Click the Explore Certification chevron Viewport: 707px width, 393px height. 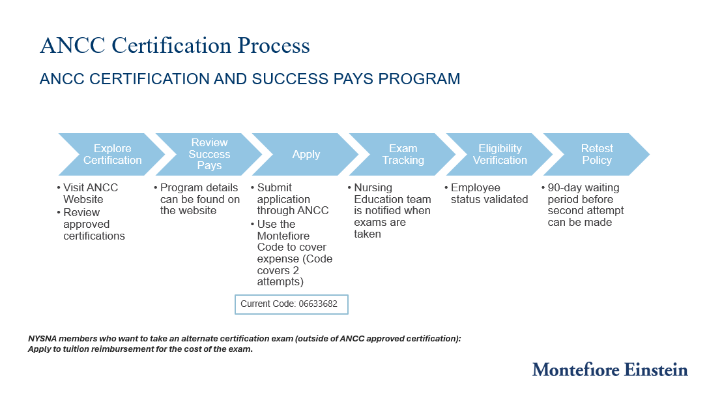pyautogui.click(x=112, y=155)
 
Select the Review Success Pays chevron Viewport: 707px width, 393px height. pyautogui.click(x=209, y=155)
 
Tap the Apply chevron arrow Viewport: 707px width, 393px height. pyautogui.click(x=306, y=155)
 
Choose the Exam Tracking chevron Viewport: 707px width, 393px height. pyautogui.click(x=403, y=155)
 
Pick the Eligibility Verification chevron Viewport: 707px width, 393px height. pyautogui.click(x=500, y=155)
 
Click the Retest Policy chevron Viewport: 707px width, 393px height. pyautogui.click(x=597, y=155)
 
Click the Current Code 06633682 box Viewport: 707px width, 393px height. pyautogui.click(x=291, y=304)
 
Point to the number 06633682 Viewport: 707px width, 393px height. pyautogui.click(x=318, y=304)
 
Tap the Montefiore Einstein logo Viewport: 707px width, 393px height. pyautogui.click(x=610, y=369)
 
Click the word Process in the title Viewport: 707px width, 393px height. pyautogui.click(x=274, y=45)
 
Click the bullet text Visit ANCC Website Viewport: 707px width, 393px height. pyautogui.click(x=90, y=193)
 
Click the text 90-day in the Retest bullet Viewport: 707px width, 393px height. pyautogui.click(x=564, y=188)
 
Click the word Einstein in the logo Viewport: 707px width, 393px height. pyautogui.click(x=656, y=369)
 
